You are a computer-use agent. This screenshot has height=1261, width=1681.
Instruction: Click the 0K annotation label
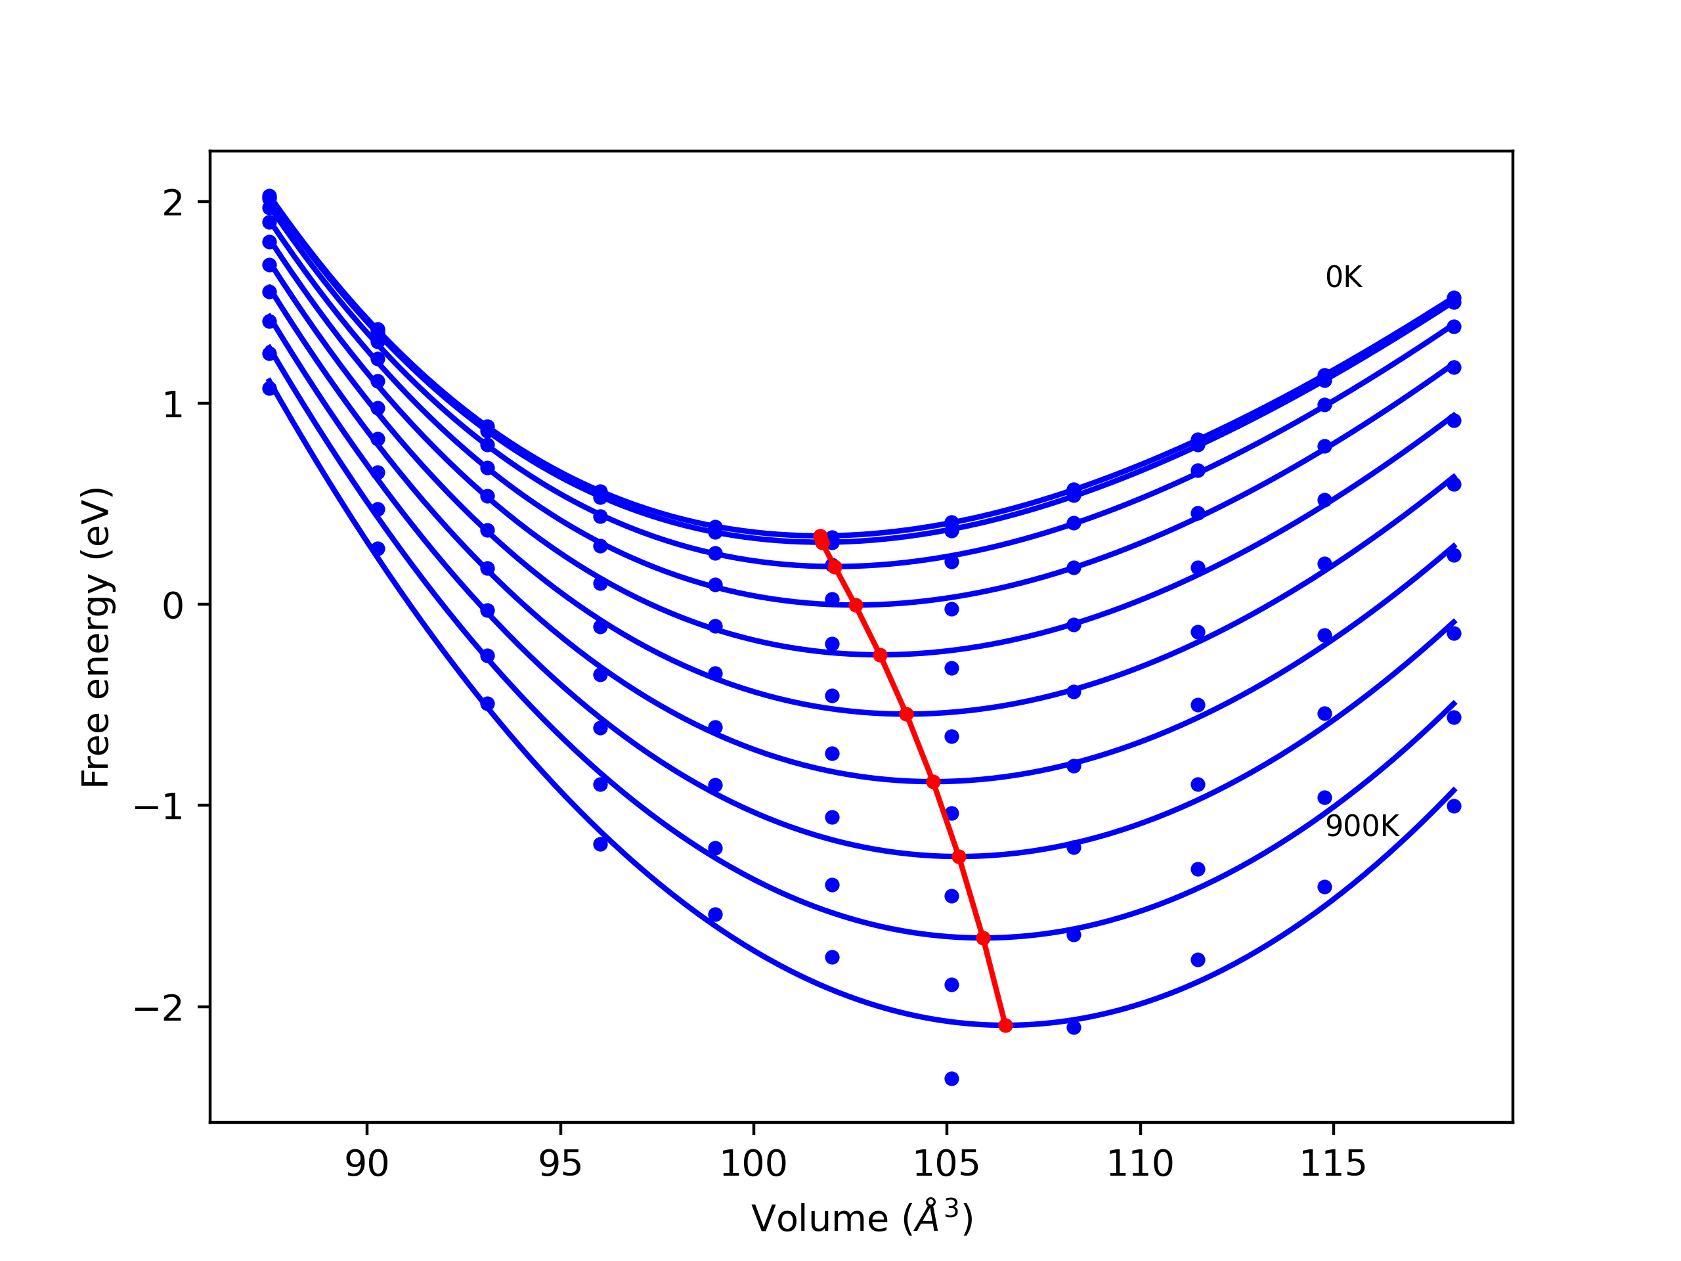[x=1343, y=277]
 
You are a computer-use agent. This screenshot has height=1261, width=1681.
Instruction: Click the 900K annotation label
[x=1362, y=827]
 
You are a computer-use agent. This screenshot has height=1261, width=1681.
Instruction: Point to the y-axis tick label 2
[x=173, y=203]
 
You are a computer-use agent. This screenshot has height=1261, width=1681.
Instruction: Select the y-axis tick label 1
[x=173, y=405]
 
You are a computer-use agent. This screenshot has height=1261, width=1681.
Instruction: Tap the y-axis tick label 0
[x=173, y=606]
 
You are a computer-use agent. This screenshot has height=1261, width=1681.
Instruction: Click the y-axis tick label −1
[x=159, y=807]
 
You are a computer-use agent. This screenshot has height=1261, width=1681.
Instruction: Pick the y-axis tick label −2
[x=159, y=1009]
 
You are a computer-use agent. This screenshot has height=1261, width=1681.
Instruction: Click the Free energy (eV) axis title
[x=97, y=637]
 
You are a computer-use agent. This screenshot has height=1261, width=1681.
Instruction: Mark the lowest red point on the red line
[x=1005, y=1025]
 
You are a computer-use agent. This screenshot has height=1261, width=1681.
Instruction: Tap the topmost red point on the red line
[x=820, y=536]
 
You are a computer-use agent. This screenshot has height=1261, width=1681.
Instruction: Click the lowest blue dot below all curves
[x=951, y=1078]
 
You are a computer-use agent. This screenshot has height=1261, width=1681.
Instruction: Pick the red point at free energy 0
[x=856, y=605]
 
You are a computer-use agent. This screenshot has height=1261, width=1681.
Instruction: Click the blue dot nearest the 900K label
[x=1324, y=798]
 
